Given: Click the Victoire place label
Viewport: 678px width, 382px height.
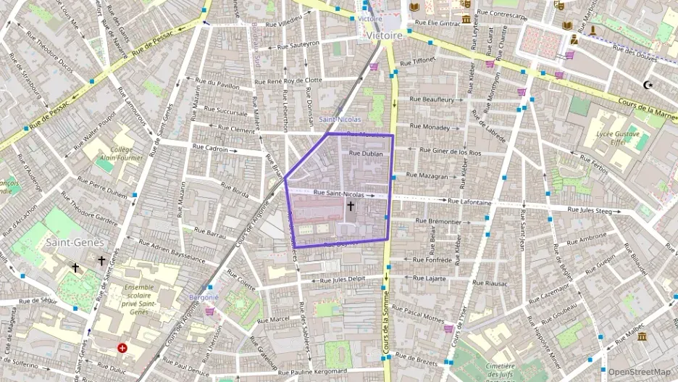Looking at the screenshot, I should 384,35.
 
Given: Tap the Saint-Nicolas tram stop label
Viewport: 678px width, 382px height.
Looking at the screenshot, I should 340,119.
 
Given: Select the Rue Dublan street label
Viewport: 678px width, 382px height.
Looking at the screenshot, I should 365,154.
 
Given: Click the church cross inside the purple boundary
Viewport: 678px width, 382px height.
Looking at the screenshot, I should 351,207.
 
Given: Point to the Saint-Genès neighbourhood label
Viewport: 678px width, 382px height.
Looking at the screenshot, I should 75,242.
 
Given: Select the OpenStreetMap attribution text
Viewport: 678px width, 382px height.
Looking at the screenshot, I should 639,373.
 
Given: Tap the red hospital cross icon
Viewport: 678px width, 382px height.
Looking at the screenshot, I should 122,348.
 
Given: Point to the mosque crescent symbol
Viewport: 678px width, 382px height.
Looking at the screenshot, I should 647,85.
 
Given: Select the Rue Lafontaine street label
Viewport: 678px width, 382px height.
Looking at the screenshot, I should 469,202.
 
